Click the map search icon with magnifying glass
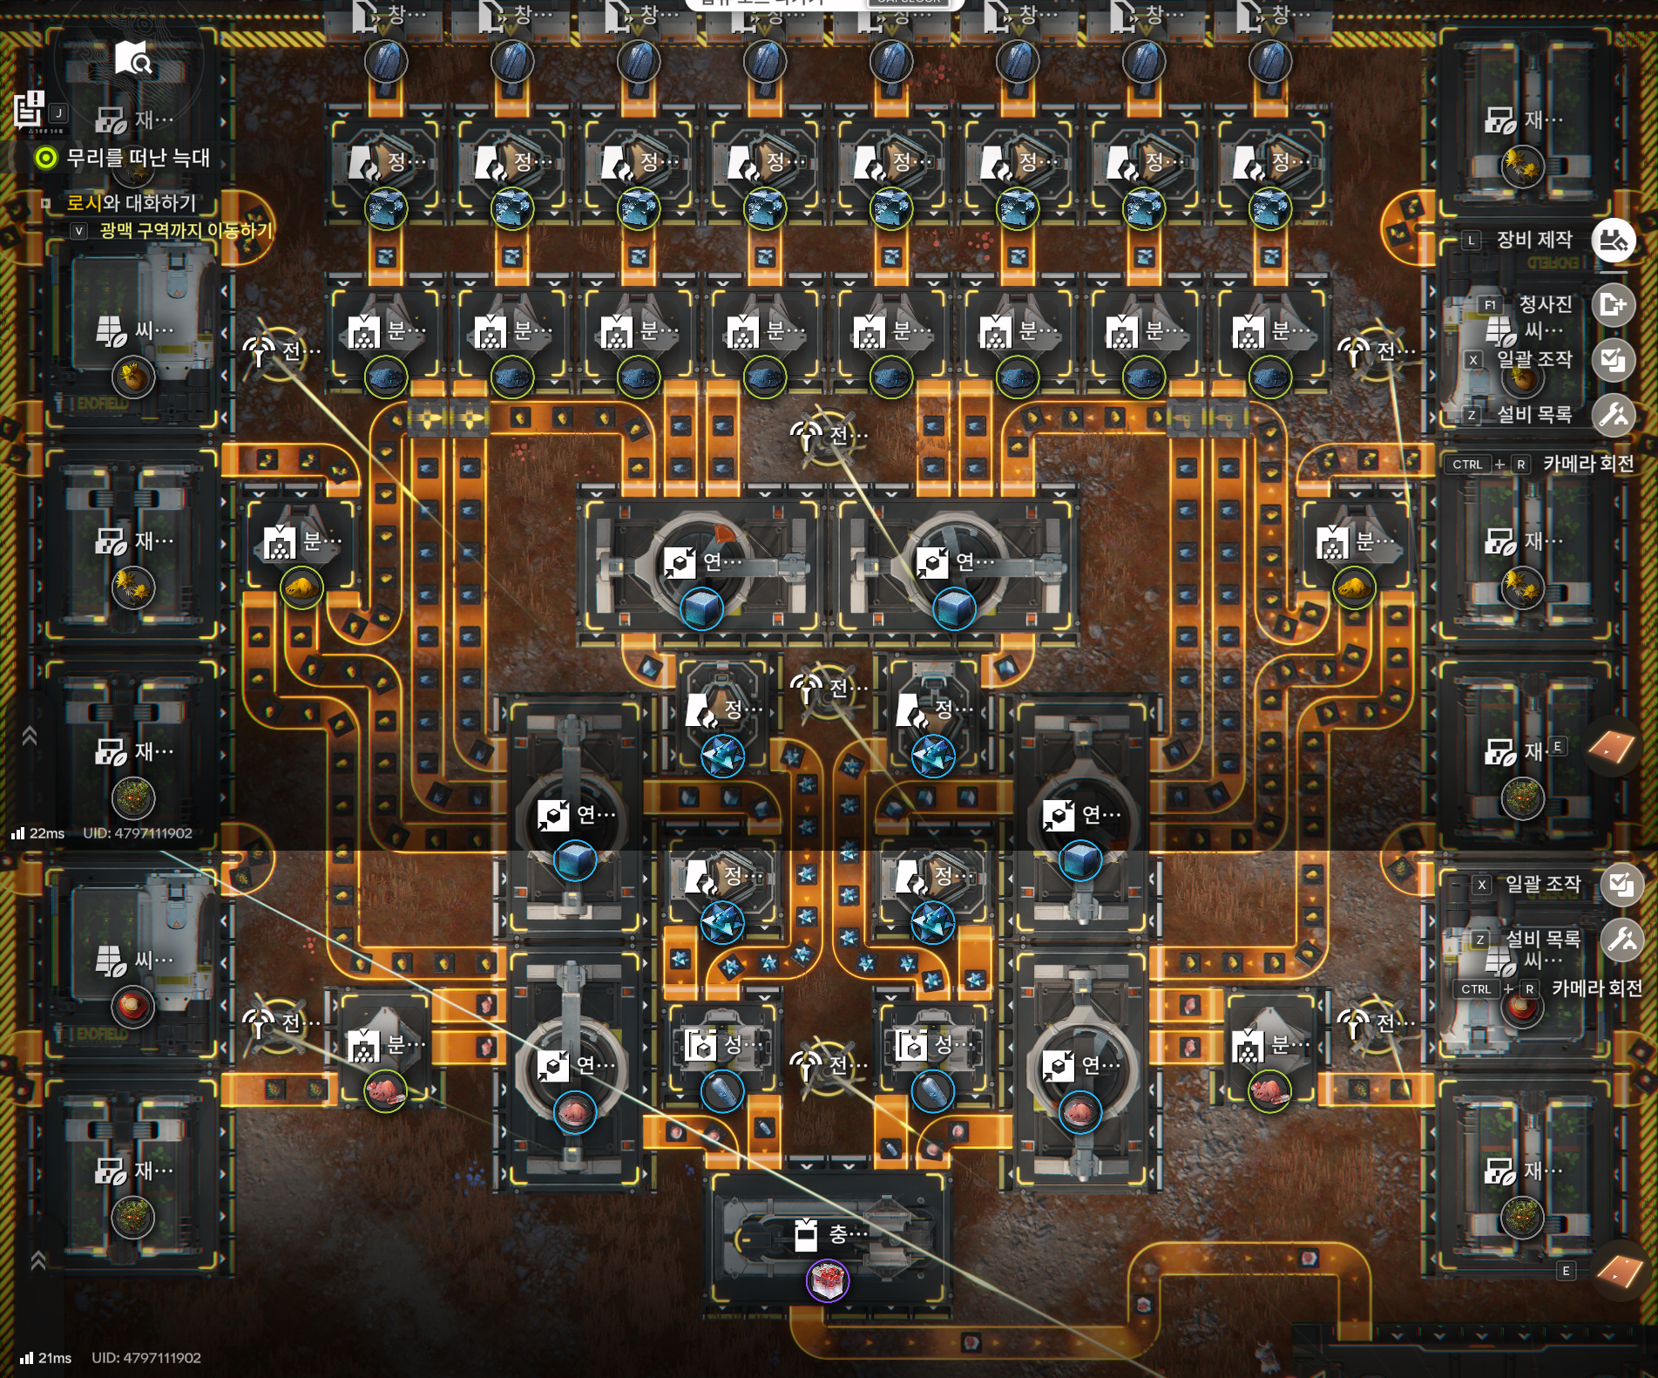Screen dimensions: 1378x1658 point(133,58)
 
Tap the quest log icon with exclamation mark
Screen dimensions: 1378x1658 point(29,109)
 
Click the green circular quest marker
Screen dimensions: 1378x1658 point(45,158)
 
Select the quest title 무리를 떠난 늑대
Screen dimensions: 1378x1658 point(139,158)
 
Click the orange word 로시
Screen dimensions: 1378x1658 point(84,203)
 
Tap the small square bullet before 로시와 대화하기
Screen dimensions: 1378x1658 point(46,203)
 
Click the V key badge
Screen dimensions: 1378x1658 point(79,231)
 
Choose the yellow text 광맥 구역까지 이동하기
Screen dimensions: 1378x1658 point(186,231)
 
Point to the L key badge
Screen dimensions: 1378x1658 point(1472,240)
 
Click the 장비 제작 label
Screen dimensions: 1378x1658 point(1534,240)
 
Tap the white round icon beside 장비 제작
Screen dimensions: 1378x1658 point(1613,240)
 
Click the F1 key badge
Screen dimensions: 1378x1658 point(1490,304)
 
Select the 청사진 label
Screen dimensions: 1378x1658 point(1546,304)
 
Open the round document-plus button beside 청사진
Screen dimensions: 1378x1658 point(1613,305)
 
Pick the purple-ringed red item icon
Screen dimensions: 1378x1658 point(827,1281)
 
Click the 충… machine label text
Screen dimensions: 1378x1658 point(848,1233)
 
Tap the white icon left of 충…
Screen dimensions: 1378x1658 point(806,1233)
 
